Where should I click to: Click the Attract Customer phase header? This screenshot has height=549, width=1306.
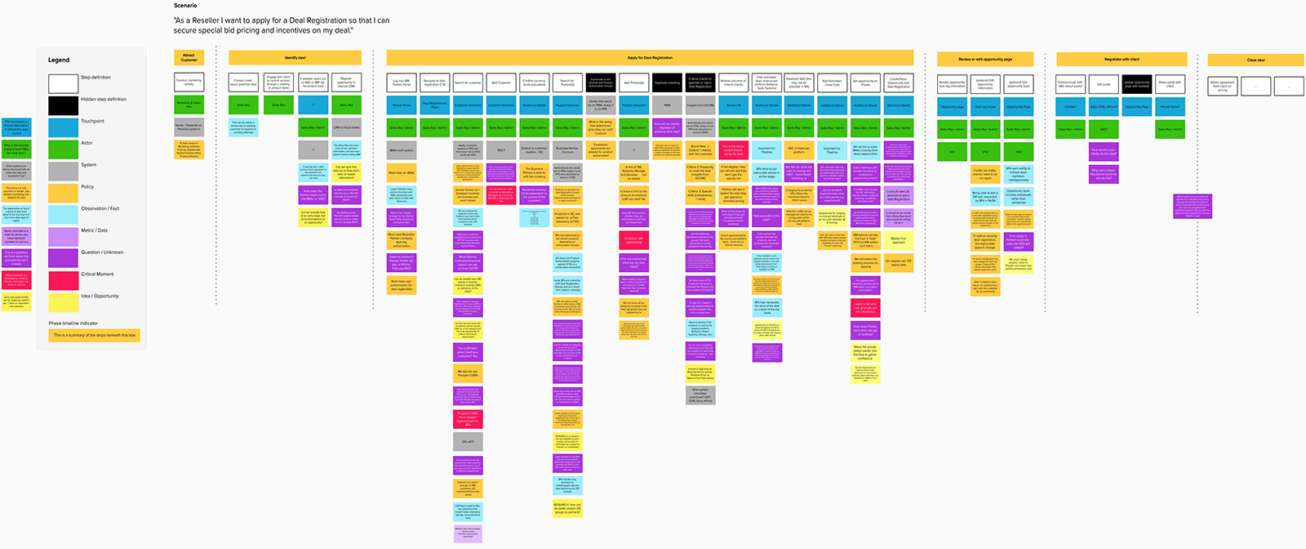(x=189, y=58)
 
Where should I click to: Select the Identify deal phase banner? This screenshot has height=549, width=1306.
(x=295, y=58)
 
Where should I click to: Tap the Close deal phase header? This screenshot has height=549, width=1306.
(x=1255, y=60)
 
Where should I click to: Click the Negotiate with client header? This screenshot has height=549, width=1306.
(x=1122, y=60)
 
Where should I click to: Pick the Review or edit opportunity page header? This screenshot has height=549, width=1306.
(x=984, y=60)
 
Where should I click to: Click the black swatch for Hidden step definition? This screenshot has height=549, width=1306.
(x=63, y=105)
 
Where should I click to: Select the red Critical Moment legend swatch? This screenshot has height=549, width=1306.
(x=63, y=279)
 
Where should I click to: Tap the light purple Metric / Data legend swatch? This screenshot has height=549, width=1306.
(x=63, y=236)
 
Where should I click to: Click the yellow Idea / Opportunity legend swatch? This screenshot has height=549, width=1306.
(x=63, y=301)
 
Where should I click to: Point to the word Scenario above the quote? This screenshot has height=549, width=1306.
(x=185, y=6)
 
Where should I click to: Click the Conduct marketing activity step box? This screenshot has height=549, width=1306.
(x=189, y=82)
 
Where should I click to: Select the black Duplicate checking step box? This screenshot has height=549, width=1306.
(x=667, y=83)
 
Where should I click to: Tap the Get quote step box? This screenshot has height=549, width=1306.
(x=1104, y=84)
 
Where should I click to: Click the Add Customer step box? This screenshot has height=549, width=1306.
(x=501, y=83)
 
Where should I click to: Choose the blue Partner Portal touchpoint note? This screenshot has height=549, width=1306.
(x=401, y=105)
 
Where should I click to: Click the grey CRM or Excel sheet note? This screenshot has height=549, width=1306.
(x=346, y=127)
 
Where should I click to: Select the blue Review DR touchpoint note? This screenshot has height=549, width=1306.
(x=733, y=105)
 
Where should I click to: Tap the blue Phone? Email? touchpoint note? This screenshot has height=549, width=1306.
(x=1170, y=106)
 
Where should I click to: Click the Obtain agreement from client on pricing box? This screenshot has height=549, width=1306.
(x=1222, y=86)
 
